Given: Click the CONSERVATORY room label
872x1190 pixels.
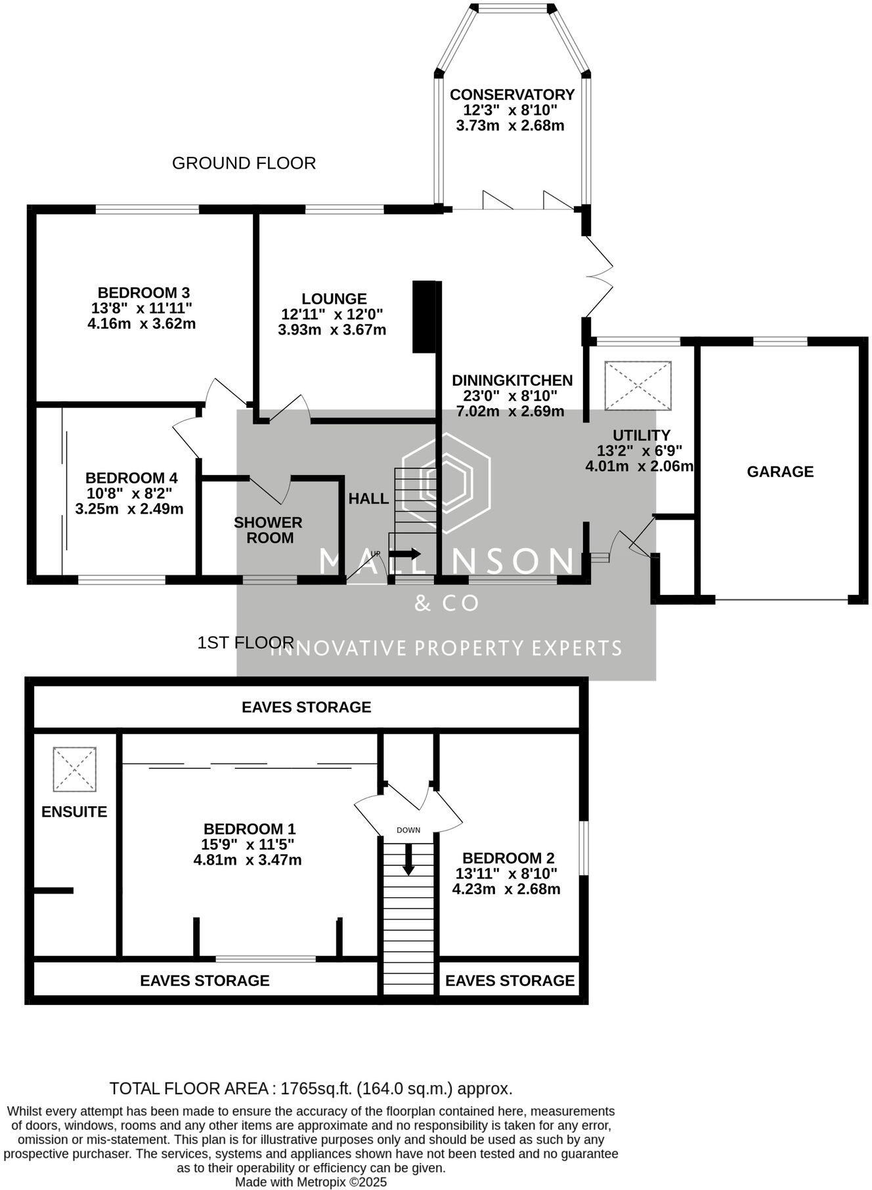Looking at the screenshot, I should pyautogui.click(x=512, y=94).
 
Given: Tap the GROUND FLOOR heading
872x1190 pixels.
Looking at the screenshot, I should pyautogui.click(x=244, y=163).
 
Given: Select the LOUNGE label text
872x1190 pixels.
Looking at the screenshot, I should pyautogui.click(x=334, y=299).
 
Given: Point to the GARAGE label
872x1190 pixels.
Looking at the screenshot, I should pyautogui.click(x=780, y=472).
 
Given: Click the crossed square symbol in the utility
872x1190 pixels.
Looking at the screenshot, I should pyautogui.click(x=638, y=386).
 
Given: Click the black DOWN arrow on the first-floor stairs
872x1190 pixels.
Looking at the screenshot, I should pyautogui.click(x=408, y=860).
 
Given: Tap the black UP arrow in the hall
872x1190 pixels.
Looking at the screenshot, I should pyautogui.click(x=404, y=554).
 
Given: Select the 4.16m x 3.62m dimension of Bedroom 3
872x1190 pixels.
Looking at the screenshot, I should pyautogui.click(x=141, y=324).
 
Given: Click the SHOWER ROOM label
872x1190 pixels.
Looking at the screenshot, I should pyautogui.click(x=268, y=530).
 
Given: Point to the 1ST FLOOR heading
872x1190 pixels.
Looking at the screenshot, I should pyautogui.click(x=246, y=643).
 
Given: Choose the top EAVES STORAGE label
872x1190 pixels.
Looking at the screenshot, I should pyautogui.click(x=306, y=707).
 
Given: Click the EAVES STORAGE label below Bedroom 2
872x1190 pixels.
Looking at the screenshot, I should pyautogui.click(x=510, y=981).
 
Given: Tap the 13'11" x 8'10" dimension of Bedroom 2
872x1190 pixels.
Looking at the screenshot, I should pyautogui.click(x=506, y=874).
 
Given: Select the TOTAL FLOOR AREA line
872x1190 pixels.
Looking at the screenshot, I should pyautogui.click(x=311, y=1089).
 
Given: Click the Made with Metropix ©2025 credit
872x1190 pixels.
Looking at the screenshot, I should pyautogui.click(x=311, y=1182).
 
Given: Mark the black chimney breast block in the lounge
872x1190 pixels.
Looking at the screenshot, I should pyautogui.click(x=424, y=317).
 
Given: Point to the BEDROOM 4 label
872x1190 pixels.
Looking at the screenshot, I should pyautogui.click(x=131, y=478).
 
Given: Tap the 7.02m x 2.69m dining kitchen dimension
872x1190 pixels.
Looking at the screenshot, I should pyautogui.click(x=510, y=412).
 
